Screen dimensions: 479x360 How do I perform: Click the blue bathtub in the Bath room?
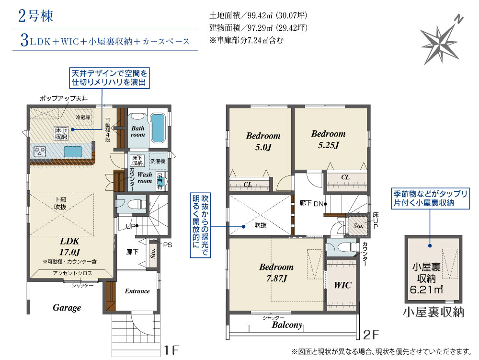pyautogui.click(x=158, y=128)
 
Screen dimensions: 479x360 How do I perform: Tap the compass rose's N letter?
pyautogui.click(x=458, y=20)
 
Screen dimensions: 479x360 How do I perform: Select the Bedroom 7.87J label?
pyautogui.click(x=276, y=273)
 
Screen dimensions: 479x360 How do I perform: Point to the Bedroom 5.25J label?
pyautogui.click(x=329, y=139)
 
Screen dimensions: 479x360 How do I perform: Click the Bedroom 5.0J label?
pyautogui.click(x=263, y=141)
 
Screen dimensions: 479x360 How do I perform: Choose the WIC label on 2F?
pyautogui.click(x=342, y=285)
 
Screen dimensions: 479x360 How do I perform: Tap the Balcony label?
pyautogui.click(x=287, y=325)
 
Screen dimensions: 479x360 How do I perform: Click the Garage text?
pyautogui.click(x=67, y=308)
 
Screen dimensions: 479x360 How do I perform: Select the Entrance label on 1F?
pyautogui.click(x=137, y=291)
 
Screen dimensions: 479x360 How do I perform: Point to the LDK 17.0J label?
pyautogui.click(x=69, y=246)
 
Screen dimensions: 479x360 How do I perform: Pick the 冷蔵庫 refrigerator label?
pyautogui.click(x=83, y=117)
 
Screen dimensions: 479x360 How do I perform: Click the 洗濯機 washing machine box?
pyautogui.click(x=158, y=162)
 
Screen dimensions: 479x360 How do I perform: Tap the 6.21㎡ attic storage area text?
pyautogui.click(x=426, y=289)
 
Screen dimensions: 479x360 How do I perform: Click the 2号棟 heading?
pyautogui.click(x=36, y=16)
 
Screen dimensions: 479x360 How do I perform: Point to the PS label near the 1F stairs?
pyautogui.click(x=167, y=245)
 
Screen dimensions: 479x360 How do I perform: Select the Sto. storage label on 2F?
pyautogui.click(x=358, y=226)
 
